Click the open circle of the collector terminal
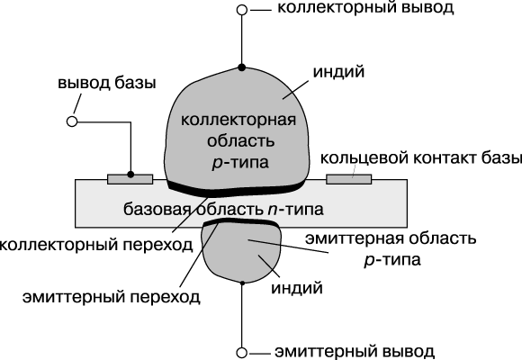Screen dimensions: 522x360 242,10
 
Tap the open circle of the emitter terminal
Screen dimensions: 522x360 242,352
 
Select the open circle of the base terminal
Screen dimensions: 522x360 72,121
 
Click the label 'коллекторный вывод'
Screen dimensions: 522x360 365,8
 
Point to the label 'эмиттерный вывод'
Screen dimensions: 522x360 355,352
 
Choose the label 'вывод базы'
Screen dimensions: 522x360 107,83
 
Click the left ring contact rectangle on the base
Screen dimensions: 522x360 130,179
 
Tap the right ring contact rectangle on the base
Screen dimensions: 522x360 349,179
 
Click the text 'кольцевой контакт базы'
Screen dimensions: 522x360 421,157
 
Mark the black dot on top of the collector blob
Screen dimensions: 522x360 242,67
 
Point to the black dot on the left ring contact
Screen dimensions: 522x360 130,175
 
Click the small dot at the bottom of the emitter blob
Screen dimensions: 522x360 242,283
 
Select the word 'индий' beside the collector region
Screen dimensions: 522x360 338,71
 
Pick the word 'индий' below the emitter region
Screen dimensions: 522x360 297,288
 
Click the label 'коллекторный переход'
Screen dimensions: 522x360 96,245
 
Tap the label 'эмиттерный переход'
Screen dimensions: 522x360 112,297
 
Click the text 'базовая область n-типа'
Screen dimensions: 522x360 223,210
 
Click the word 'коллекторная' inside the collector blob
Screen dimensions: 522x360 238,120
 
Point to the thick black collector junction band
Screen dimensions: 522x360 237,191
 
